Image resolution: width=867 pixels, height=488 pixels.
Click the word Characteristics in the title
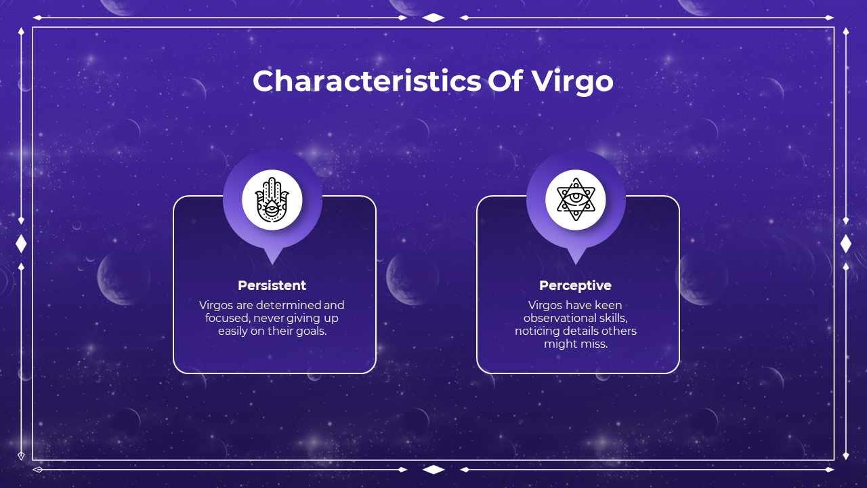pos(367,81)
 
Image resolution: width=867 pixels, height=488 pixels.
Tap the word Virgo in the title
pos(572,82)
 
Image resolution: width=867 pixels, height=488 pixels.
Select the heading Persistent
pos(272,285)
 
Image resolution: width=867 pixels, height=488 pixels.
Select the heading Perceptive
pos(575,285)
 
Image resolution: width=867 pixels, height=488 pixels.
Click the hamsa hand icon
pos(272,200)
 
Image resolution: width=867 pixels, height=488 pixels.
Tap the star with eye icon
pos(576,199)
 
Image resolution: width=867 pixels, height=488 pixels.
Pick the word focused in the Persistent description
pos(228,319)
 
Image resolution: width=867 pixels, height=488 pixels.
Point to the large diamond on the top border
pos(433,18)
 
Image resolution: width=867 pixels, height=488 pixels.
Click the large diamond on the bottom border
pos(433,470)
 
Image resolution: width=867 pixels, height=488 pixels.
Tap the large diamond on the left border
pos(21,243)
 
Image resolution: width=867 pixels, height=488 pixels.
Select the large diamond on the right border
pos(846,243)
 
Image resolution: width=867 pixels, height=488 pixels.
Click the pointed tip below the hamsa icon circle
pos(272,264)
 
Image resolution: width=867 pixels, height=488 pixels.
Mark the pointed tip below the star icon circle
pos(576,264)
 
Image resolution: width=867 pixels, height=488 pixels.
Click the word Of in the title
pos(505,81)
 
